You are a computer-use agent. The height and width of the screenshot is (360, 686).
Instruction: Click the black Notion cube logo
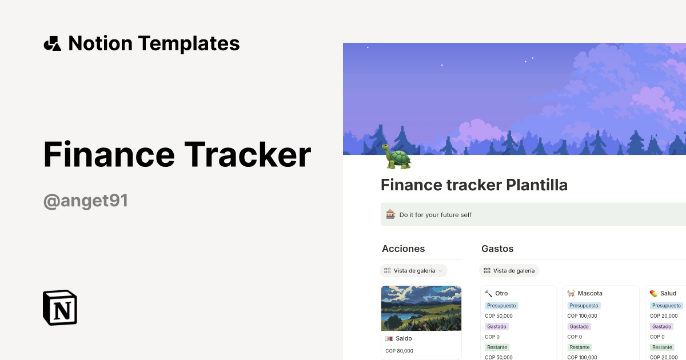pyautogui.click(x=60, y=307)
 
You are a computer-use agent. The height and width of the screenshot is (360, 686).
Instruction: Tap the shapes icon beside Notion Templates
pyautogui.click(x=52, y=43)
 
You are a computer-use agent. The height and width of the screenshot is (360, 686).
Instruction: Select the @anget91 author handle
pyautogui.click(x=86, y=201)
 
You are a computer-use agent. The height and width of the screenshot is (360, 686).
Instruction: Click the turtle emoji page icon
pyautogui.click(x=396, y=157)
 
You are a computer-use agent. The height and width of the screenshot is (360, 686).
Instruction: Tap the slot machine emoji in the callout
pyautogui.click(x=390, y=215)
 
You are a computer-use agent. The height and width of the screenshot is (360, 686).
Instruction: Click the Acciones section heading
pyautogui.click(x=403, y=249)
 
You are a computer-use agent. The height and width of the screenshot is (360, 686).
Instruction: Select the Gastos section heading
pyautogui.click(x=497, y=249)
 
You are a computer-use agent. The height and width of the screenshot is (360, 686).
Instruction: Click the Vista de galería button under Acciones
pyautogui.click(x=413, y=270)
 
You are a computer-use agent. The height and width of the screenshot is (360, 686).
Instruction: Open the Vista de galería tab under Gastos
pyautogui.click(x=509, y=270)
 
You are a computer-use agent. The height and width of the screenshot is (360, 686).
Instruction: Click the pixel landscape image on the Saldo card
pyautogui.click(x=421, y=308)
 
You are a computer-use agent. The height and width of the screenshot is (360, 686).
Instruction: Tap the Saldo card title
pyautogui.click(x=404, y=338)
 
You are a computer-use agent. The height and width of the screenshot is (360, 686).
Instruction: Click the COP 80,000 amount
pyautogui.click(x=399, y=351)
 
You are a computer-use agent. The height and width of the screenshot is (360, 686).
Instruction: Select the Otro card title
pyautogui.click(x=501, y=293)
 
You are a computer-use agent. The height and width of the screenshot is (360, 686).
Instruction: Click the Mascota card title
pyautogui.click(x=589, y=293)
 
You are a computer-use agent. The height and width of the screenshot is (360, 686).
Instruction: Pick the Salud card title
pyautogui.click(x=668, y=293)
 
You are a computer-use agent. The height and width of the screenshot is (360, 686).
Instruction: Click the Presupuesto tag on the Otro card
pyautogui.click(x=501, y=306)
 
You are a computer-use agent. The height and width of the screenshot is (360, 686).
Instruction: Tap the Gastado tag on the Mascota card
pyautogui.click(x=579, y=326)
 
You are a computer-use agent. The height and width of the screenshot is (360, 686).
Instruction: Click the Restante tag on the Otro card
pyautogui.click(x=497, y=347)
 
